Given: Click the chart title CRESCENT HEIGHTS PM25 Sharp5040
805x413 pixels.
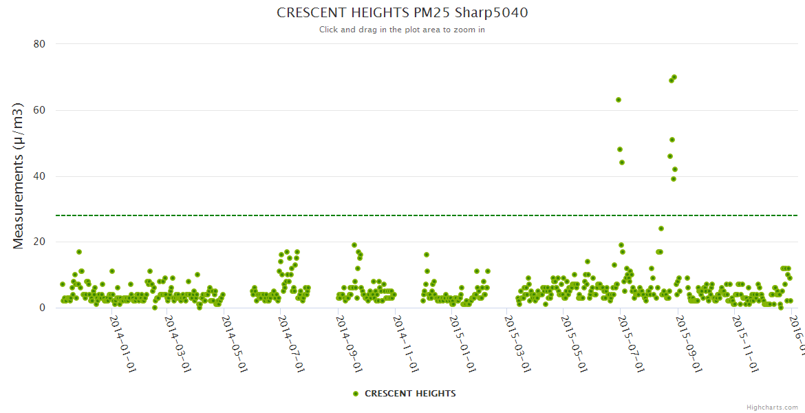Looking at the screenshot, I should (x=402, y=12).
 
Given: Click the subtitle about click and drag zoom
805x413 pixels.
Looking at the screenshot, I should (x=402, y=30).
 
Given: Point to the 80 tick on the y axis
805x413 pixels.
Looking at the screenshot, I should (x=39, y=44).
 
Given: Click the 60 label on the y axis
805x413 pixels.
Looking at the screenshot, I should (x=39, y=110).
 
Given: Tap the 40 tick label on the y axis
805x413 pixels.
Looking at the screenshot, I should (x=39, y=176).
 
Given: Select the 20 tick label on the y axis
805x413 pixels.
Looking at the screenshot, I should (x=39, y=242).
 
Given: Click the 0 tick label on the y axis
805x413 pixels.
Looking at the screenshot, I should (x=43, y=308).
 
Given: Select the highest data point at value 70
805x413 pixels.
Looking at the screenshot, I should (x=674, y=77).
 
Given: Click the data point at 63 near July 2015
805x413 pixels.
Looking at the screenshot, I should (x=619, y=100).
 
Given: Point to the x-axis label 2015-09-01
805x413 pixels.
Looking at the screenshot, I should (x=687, y=344).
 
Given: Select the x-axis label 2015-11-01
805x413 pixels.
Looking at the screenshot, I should (x=744, y=344).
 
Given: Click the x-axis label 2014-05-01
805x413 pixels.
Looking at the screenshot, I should (x=233, y=344).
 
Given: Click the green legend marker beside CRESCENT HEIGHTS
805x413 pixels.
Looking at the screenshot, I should (x=356, y=394).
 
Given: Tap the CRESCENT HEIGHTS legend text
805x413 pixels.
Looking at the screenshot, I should (x=410, y=394).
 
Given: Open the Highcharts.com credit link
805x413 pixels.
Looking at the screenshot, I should (x=772, y=407).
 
